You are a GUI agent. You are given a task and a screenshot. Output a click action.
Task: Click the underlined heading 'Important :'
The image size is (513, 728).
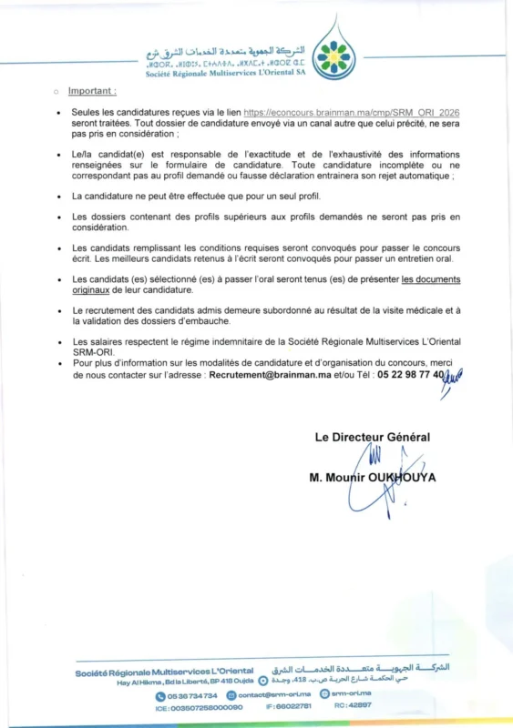pyautogui.click(x=92, y=91)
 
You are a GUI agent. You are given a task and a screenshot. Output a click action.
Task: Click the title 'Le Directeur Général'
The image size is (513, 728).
pyautogui.click(x=372, y=437)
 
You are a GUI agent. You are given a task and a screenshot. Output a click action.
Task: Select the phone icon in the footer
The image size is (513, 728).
pyautogui.click(x=160, y=695)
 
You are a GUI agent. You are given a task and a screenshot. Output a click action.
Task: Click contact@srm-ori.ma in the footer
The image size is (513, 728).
pyautogui.click(x=274, y=695)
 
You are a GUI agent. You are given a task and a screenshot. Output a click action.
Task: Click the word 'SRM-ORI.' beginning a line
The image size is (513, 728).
pyautogui.click(x=92, y=352)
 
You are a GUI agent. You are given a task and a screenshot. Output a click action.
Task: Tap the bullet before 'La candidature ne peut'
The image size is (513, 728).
pyautogui.click(x=57, y=196)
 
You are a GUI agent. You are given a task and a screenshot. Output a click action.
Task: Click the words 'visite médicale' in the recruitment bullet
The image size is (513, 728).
pyautogui.click(x=395, y=310)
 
